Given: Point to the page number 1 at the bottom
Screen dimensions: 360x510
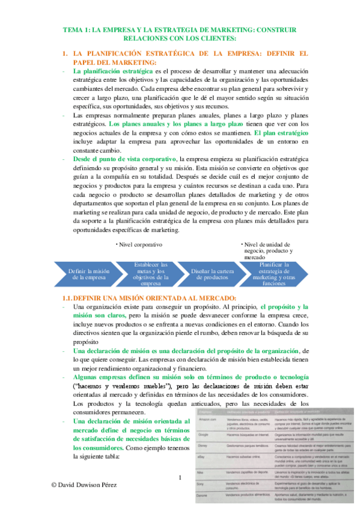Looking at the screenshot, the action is point(179,478).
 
